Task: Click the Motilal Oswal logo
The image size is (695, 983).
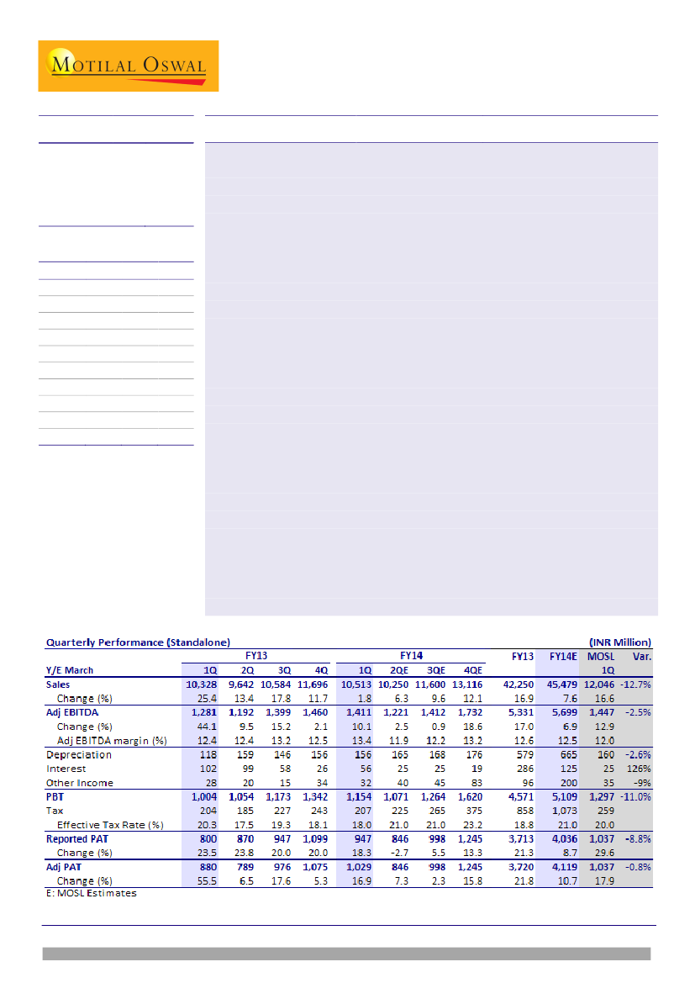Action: pyautogui.click(x=128, y=66)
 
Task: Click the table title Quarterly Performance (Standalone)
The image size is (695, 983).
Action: pyautogui.click(x=137, y=642)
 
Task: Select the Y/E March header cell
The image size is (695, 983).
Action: pyautogui.click(x=70, y=670)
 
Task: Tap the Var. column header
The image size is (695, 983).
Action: pyautogui.click(x=641, y=656)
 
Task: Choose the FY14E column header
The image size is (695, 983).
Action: pyautogui.click(x=562, y=656)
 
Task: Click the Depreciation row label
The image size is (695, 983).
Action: pyautogui.click(x=79, y=754)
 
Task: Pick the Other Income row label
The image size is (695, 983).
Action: pyautogui.click(x=80, y=783)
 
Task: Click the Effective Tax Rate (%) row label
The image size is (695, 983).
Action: pyautogui.click(x=110, y=825)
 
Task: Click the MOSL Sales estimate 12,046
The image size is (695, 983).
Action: pyautogui.click(x=599, y=684)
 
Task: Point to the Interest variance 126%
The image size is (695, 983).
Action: pyautogui.click(x=640, y=769)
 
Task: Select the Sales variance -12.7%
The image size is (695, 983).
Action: pyautogui.click(x=635, y=684)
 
